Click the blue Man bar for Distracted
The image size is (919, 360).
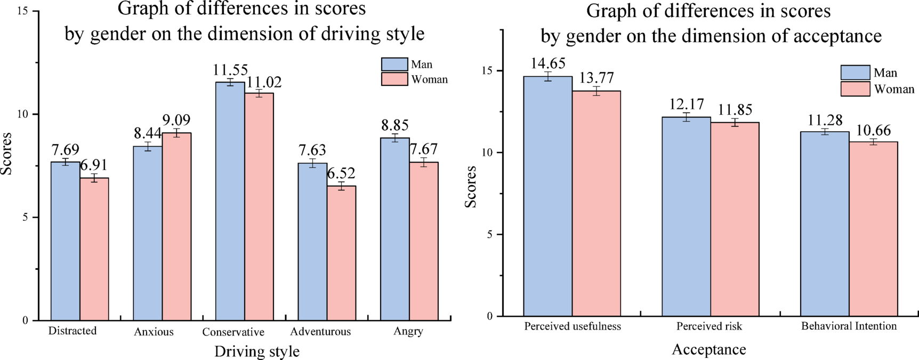(x=65, y=241)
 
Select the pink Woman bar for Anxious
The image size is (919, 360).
(x=176, y=227)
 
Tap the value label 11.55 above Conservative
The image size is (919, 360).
(x=230, y=70)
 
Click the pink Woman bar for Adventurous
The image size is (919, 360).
(x=341, y=253)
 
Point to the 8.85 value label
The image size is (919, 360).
(x=395, y=125)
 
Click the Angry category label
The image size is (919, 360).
(x=408, y=331)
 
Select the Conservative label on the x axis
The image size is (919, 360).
(x=233, y=332)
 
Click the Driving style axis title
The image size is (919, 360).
(x=257, y=351)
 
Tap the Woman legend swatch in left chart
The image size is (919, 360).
(x=394, y=79)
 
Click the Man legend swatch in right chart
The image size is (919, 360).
(x=855, y=73)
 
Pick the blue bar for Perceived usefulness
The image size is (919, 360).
(x=547, y=196)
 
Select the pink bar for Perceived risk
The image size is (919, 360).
(x=735, y=219)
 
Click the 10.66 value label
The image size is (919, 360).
(x=873, y=131)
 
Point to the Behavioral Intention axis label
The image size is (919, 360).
(x=849, y=326)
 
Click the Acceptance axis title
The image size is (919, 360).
(x=708, y=349)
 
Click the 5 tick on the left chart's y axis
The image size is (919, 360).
(x=25, y=218)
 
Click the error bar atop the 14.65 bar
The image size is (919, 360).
(x=547, y=76)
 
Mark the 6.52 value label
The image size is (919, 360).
(x=341, y=173)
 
